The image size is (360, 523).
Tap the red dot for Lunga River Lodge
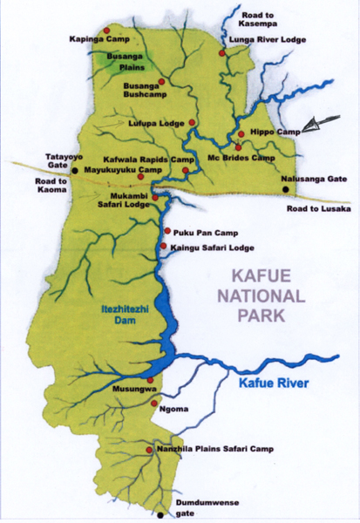click(x=223, y=53)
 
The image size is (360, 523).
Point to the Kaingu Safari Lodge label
click(x=213, y=248)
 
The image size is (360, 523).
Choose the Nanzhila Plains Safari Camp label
click(x=215, y=450)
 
